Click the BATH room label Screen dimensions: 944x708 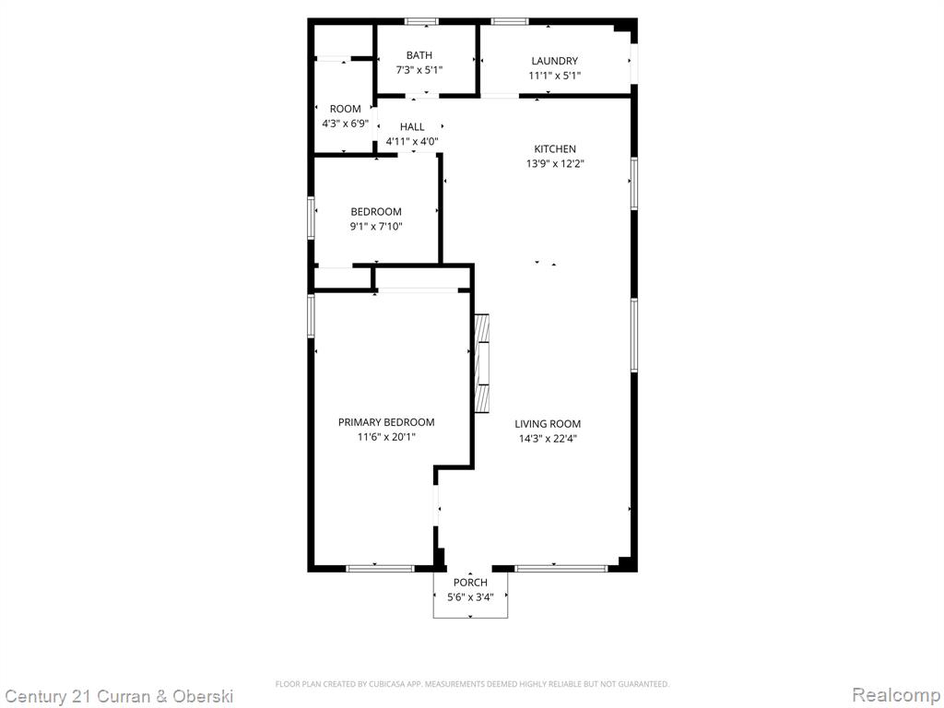[x=419, y=55]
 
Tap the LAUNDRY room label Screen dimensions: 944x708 [x=554, y=61]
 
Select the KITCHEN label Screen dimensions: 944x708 [x=555, y=148]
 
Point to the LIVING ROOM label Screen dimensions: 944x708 [x=548, y=424]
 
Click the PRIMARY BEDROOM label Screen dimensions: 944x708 [x=386, y=422]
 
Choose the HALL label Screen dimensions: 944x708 [x=412, y=127]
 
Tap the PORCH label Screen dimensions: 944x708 [x=470, y=583]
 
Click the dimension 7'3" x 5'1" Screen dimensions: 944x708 [x=419, y=70]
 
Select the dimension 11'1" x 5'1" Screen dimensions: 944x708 [x=554, y=76]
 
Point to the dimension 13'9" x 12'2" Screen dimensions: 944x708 [x=555, y=164]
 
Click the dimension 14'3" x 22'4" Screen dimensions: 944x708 [x=548, y=439]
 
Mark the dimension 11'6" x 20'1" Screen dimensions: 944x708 [x=386, y=437]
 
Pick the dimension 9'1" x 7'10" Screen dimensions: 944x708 [x=376, y=227]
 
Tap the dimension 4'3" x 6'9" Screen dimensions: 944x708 [x=345, y=124]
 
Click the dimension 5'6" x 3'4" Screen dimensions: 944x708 [x=470, y=597]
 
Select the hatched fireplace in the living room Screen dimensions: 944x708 [x=481, y=363]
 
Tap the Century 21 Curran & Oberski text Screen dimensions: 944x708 [x=119, y=697]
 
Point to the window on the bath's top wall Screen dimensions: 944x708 [x=421, y=22]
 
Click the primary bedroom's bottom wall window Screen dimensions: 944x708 [x=380, y=568]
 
